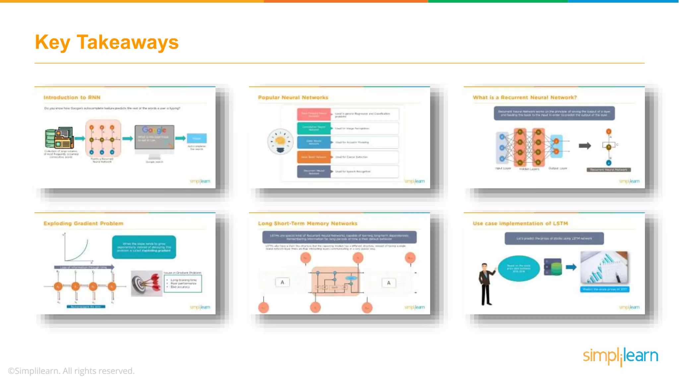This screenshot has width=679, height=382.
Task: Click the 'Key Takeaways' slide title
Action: pyautogui.click(x=106, y=42)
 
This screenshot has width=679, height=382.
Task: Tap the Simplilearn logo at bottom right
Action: pyautogui.click(x=620, y=356)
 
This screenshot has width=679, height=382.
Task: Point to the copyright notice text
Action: pyautogui.click(x=71, y=371)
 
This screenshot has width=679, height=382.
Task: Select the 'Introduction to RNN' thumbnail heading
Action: pyautogui.click(x=72, y=97)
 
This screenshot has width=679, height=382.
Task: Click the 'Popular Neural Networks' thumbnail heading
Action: pyautogui.click(x=293, y=97)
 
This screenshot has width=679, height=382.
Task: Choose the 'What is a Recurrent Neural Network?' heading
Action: pyautogui.click(x=525, y=97)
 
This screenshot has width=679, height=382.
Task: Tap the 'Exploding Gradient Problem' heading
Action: pyautogui.click(x=83, y=223)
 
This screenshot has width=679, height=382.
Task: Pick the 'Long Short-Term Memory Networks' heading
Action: pyautogui.click(x=308, y=223)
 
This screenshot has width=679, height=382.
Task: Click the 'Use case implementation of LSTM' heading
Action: pyautogui.click(x=520, y=223)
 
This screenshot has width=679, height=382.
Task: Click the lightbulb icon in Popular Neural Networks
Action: pyautogui.click(x=280, y=142)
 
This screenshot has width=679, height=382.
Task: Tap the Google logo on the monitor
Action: pyautogui.click(x=154, y=130)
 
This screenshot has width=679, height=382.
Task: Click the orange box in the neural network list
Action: pyautogui.click(x=314, y=157)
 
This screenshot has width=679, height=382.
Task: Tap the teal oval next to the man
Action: pyautogui.click(x=519, y=268)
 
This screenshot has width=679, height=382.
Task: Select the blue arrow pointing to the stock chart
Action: pyautogui.click(x=571, y=267)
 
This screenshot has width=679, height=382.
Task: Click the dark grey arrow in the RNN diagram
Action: pyautogui.click(x=585, y=146)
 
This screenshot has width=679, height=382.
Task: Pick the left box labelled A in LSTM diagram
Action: pyautogui.click(x=282, y=283)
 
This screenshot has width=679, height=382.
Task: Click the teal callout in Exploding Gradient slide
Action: pyautogui.click(x=144, y=247)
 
